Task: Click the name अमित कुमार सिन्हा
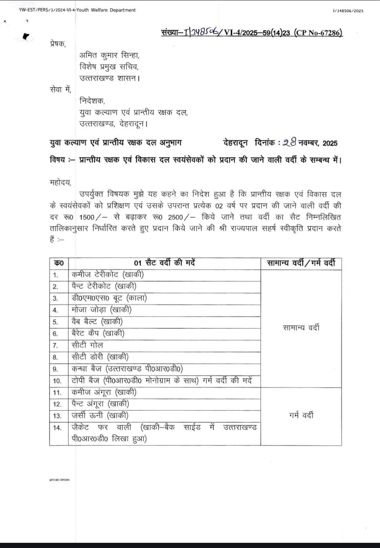point(109,55)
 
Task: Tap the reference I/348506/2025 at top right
point(348,11)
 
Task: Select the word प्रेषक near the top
point(58,44)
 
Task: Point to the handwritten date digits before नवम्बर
point(289,143)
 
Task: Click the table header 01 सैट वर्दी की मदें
point(165,263)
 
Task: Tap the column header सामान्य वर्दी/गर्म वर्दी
point(301,263)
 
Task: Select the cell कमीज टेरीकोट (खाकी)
point(107,275)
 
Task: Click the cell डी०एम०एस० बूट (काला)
point(109,298)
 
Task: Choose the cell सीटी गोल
point(87,345)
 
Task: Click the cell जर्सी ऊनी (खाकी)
point(100,415)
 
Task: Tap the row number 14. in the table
point(57,428)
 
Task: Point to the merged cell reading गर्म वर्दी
point(301,415)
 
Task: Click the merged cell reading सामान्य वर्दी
point(301,328)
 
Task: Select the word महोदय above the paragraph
point(60,182)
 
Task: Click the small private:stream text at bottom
point(59,480)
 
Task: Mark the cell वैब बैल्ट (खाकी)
point(97,322)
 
